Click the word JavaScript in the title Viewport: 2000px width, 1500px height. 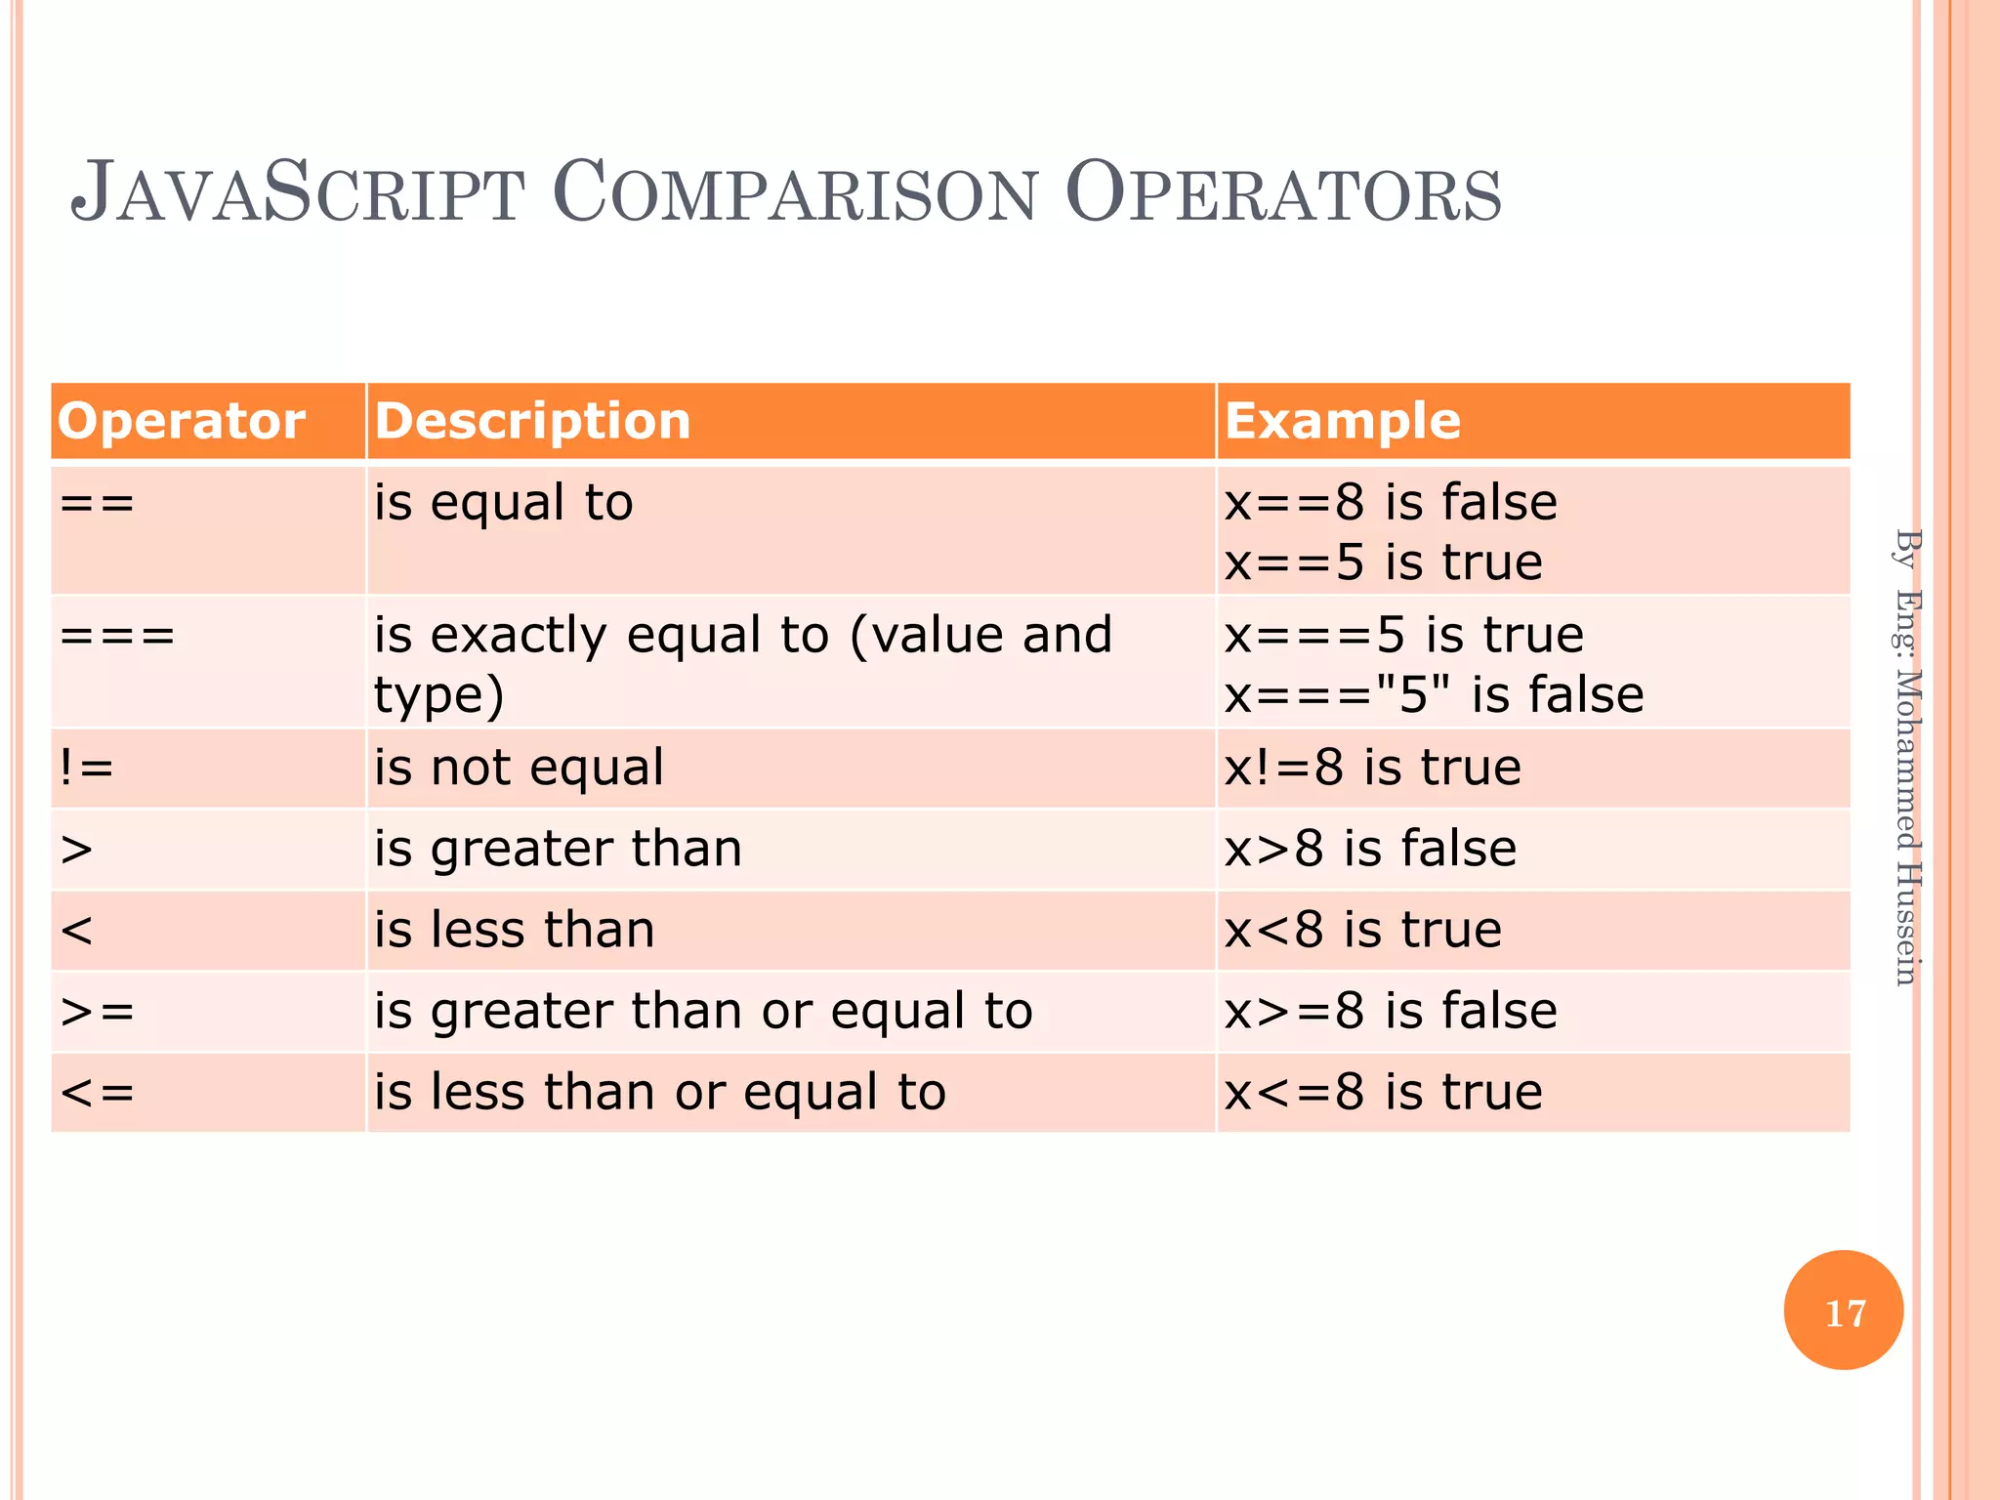click(x=298, y=192)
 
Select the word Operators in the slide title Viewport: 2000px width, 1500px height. click(x=1282, y=192)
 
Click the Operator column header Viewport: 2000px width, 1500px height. click(x=182, y=421)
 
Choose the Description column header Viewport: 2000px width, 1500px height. click(x=532, y=421)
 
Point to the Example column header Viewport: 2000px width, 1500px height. click(x=1342, y=421)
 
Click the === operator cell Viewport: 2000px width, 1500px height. click(x=117, y=636)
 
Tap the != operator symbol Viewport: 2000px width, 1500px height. click(x=86, y=768)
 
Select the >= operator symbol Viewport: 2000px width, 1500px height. click(x=97, y=1011)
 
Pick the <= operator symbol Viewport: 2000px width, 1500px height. click(x=97, y=1092)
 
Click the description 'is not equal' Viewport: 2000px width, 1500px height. click(x=519, y=768)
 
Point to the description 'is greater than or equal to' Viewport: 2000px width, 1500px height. click(x=703, y=1011)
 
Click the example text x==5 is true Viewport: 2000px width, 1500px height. click(x=1383, y=562)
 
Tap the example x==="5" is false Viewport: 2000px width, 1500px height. click(x=1434, y=695)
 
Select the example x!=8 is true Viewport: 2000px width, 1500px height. click(x=1372, y=768)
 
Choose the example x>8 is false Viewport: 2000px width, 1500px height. click(x=1370, y=849)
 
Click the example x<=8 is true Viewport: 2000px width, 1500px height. click(x=1383, y=1092)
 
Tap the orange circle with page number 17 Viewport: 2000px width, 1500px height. click(x=1843, y=1311)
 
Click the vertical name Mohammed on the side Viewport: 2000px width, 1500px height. click(x=1907, y=760)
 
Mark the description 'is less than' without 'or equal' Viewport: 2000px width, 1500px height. click(x=514, y=930)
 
